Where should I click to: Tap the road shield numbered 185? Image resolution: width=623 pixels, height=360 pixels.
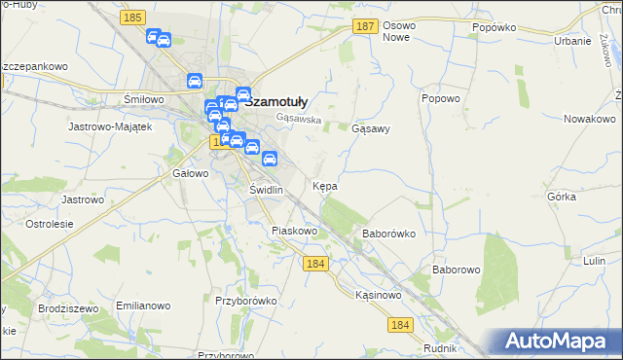pos(134,18)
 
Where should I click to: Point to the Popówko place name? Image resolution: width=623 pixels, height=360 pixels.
pos(493,27)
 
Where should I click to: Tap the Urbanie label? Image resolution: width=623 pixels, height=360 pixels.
pos(573,41)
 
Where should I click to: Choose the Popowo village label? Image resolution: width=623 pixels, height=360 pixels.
pos(440,98)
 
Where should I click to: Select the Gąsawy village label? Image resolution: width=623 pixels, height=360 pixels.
pos(371,128)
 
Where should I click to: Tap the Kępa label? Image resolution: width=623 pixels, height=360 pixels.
pos(325,185)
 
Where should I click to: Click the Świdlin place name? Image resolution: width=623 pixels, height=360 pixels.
pos(266,190)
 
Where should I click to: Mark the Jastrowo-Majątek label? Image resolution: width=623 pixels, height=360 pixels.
pos(110,126)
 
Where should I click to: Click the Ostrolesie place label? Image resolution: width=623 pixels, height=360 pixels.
pos(50,224)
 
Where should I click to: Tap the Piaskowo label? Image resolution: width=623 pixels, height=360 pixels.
pos(295,231)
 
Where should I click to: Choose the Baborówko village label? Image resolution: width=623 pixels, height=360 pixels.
pos(389,234)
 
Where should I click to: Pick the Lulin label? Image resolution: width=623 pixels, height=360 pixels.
pos(596,262)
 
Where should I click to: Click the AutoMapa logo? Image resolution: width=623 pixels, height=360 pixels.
pos(560,341)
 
